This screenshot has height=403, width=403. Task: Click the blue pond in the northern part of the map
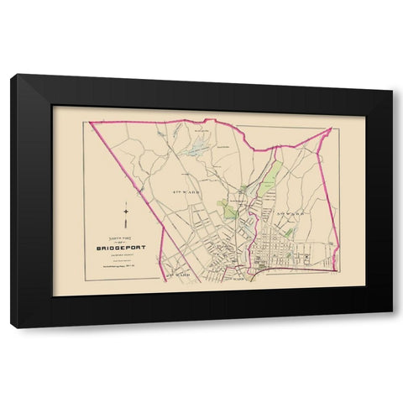pos(200,149)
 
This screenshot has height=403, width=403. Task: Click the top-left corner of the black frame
pos(12,76)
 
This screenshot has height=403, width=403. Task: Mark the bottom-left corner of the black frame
pos(12,327)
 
